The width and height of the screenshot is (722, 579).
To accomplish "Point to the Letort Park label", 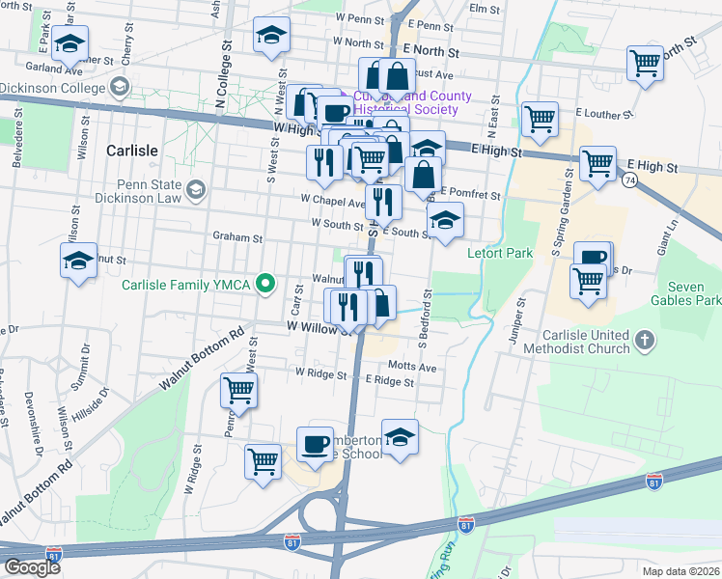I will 501,253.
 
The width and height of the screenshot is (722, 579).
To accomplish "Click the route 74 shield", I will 628,180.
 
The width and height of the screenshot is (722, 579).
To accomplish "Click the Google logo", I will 32,567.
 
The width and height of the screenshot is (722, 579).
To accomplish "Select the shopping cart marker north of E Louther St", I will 645,63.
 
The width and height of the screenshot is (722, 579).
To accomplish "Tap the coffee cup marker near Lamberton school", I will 315,443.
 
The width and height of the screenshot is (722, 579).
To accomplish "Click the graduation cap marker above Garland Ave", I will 70,44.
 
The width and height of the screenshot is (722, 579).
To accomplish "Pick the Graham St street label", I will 237,236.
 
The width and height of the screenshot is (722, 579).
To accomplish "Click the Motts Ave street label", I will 412,368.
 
